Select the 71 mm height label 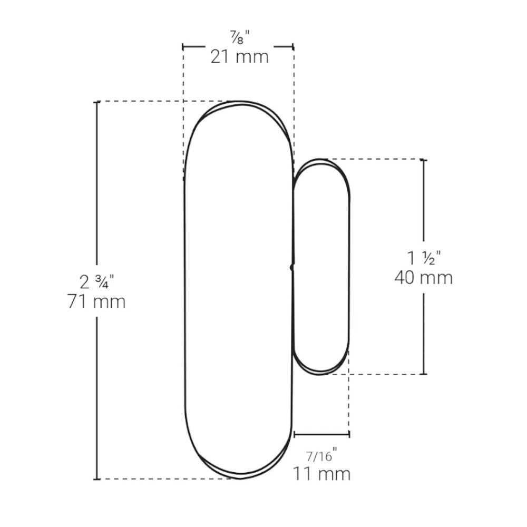(97, 302)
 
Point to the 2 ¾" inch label (97, 282)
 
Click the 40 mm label (424, 277)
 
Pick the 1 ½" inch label (424, 258)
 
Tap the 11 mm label (321, 473)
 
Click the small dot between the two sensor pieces (292, 268)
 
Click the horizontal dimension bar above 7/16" (321, 434)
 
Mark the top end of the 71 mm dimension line (97, 102)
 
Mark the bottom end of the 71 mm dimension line (97, 479)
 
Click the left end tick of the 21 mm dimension (183, 46)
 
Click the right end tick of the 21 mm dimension (293, 46)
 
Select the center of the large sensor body (238, 290)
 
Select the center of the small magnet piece (321, 267)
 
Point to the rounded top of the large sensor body (238, 103)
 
